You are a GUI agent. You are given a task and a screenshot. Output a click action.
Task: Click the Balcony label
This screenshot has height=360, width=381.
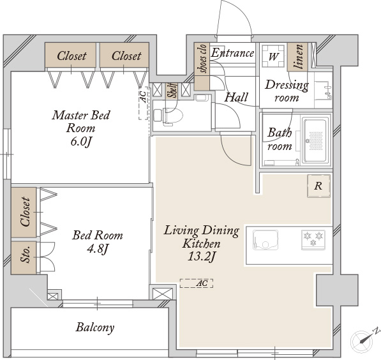point(94,327)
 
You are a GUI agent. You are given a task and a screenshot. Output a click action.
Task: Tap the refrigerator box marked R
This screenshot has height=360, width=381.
point(318,186)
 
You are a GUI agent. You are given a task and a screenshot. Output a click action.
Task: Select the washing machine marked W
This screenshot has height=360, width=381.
point(273,56)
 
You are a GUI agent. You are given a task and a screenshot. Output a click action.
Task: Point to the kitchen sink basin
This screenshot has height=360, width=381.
point(265,240)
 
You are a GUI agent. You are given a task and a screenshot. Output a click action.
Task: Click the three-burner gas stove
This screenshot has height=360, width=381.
point(313,239)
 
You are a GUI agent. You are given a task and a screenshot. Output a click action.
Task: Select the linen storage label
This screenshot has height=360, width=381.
point(298,57)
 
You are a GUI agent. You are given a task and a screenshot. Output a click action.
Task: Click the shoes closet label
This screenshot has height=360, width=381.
point(202,59)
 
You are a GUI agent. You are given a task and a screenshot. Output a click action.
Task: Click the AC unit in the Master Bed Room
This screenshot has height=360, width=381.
point(144,103)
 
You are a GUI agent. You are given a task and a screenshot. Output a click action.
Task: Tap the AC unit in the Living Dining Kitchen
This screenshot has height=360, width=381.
point(197,283)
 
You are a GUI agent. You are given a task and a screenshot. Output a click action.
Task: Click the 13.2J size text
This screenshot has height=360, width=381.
point(202,257)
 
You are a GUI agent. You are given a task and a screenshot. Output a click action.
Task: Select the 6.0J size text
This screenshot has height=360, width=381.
point(82,142)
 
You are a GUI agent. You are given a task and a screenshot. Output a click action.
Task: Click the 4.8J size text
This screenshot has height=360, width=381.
point(97,249)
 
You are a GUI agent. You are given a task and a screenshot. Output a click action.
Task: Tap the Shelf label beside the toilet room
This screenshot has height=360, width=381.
point(172,91)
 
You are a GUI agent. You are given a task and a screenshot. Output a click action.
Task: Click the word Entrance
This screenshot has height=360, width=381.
point(232,53)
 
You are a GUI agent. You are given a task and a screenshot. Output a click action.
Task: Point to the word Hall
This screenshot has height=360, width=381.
point(236,97)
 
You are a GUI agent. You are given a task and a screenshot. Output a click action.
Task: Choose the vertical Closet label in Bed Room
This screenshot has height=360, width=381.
point(26,212)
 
